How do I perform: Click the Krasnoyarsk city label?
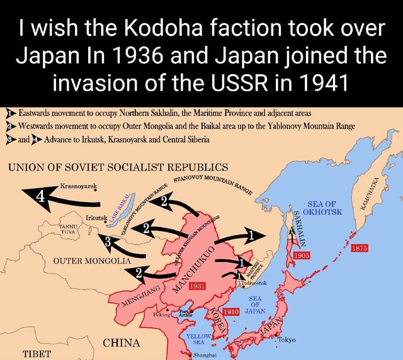click(x=78, y=188)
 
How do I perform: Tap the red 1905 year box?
click(x=304, y=256)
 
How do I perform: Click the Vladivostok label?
click(x=253, y=284)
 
